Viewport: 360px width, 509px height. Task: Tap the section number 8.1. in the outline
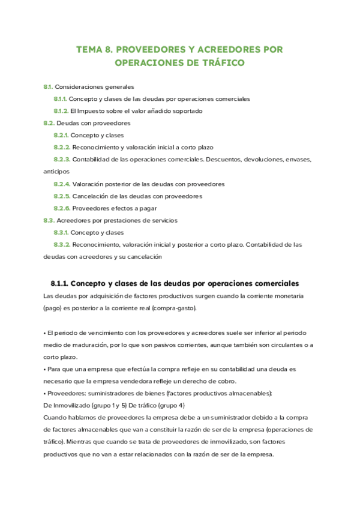pyautogui.click(x=49, y=86)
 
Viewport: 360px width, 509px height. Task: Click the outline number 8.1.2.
pyautogui.click(x=61, y=111)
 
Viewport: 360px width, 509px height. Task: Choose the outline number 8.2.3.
pyautogui.click(x=62, y=159)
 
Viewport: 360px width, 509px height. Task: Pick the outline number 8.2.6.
pyautogui.click(x=62, y=208)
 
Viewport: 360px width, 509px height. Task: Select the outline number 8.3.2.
pyautogui.click(x=62, y=244)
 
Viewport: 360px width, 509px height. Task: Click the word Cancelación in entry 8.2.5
pyautogui.click(x=91, y=196)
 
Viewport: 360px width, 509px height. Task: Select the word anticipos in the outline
pyautogui.click(x=56, y=171)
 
